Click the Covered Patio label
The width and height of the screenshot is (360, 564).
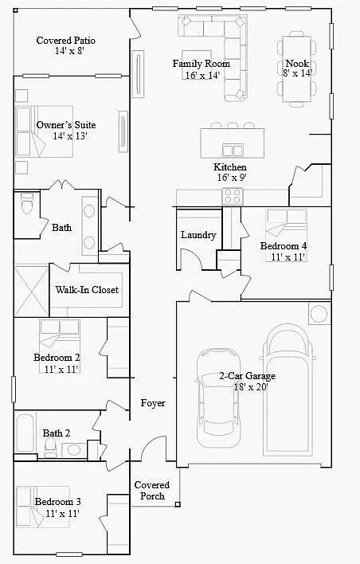coord(66,40)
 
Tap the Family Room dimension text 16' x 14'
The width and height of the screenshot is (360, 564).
coord(202,76)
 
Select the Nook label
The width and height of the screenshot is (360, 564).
coord(297,64)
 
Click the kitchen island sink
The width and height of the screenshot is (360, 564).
coord(233,150)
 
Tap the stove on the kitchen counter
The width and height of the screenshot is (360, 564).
coord(233,195)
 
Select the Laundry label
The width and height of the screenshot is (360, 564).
coord(198,235)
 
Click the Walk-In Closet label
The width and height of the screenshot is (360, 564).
coord(87,290)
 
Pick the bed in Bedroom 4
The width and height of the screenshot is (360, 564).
coord(283,228)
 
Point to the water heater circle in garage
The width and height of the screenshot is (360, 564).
coord(319,313)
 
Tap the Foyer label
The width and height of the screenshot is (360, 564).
coord(153,403)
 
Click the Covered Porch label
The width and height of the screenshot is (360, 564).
coord(150,491)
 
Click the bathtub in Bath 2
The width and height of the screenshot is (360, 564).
coord(25,434)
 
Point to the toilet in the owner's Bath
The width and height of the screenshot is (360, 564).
coord(25,208)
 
